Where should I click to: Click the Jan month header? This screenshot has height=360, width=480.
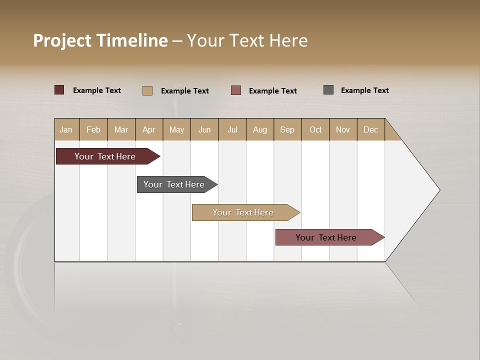[x=66, y=129]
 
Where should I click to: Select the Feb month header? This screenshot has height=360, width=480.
[x=93, y=129]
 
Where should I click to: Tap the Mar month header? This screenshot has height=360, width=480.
[x=121, y=129]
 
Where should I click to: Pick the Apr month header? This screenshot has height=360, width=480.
[x=149, y=129]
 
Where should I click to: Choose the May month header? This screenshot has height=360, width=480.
[x=176, y=129]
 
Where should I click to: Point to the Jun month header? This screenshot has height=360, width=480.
[x=204, y=129]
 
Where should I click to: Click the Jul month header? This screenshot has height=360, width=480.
[x=232, y=129]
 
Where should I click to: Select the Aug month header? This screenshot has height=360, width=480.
[x=260, y=129]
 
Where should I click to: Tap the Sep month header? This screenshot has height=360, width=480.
[x=287, y=129]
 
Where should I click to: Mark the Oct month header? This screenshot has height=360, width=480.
[x=315, y=129]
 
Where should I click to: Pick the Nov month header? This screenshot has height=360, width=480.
[x=343, y=129]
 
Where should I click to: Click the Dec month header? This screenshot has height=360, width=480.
[x=371, y=129]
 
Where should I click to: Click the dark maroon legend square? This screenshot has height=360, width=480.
[x=59, y=90]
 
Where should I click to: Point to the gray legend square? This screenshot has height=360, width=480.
[x=328, y=90]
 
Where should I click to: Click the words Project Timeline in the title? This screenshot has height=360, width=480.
[x=100, y=40]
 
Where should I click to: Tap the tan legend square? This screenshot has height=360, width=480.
[x=147, y=90]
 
